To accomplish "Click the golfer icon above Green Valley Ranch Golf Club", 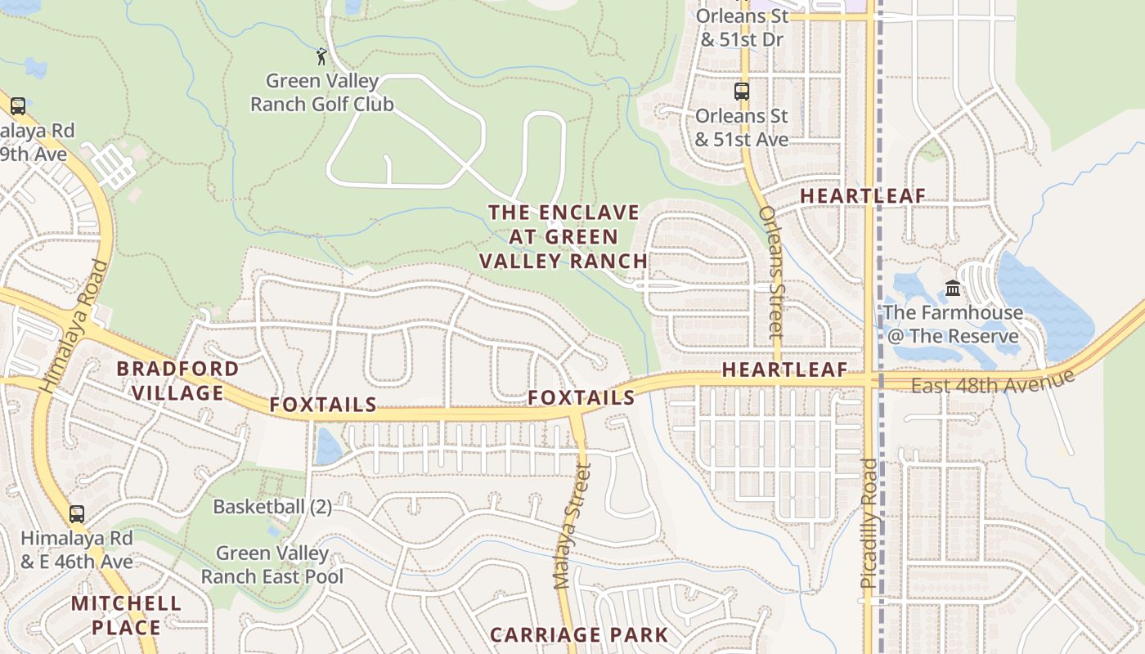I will click(321, 56).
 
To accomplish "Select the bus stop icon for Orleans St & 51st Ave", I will click(742, 92).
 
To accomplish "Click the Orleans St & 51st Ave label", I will click(741, 128).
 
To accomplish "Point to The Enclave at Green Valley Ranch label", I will click(564, 237).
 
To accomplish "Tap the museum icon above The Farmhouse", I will click(953, 288).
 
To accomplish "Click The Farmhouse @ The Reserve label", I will click(953, 324).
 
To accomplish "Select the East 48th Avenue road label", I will click(991, 380).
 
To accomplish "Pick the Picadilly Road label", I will click(869, 523).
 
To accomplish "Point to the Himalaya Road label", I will click(74, 326).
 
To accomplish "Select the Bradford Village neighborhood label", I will click(177, 380).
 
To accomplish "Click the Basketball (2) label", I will click(272, 507).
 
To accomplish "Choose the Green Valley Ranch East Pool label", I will click(272, 565).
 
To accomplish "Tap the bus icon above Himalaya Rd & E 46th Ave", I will click(76, 514).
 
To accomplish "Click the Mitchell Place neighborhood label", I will click(126, 616).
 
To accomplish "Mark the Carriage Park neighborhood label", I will click(579, 634).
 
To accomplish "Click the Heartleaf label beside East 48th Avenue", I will click(784, 370).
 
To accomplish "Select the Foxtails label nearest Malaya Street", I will click(581, 397).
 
